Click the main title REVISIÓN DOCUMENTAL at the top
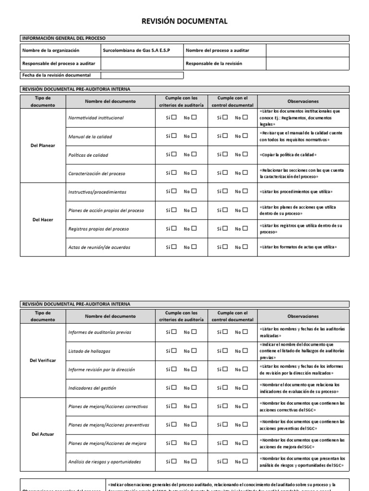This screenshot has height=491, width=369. pos(184,21)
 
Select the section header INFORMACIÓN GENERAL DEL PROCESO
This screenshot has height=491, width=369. pos(63,38)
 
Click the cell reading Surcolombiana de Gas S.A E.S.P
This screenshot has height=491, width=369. pos(136,50)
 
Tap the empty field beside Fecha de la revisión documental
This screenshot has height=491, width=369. pos(142,75)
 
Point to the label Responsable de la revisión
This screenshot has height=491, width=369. pos(214,63)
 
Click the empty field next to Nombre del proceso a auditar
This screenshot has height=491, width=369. pos(307,50)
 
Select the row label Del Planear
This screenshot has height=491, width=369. pos(43,146)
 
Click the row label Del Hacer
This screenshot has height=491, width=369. pos(43,220)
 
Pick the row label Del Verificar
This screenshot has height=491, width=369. pos(43,360)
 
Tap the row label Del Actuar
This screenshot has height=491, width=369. pos(43,434)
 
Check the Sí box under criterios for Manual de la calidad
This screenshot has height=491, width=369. pos(174,136)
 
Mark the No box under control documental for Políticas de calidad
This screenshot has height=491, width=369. pos(245,154)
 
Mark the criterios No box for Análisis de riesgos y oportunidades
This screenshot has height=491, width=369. pos(194,462)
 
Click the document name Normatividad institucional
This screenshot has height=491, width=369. pos(96,118)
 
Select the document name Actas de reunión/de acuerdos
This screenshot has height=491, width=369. pos(99,247)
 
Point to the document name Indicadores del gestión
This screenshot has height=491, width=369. pos(92,388)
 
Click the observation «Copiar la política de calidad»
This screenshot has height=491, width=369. pos(288,155)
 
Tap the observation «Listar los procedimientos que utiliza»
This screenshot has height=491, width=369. pos(295,192)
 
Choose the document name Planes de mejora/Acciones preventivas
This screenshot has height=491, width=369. pos(109,425)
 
